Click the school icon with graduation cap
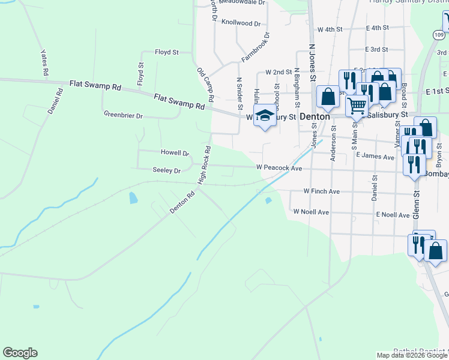pyautogui.click(x=264, y=116)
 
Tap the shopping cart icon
pyautogui.click(x=357, y=106)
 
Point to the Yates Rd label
pyautogui.click(x=44, y=62)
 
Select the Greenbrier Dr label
pyautogui.click(x=123, y=115)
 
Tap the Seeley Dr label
pyautogui.click(x=167, y=171)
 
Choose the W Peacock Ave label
pyautogui.click(x=279, y=169)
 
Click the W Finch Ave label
pyautogui.click(x=322, y=191)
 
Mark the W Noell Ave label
pyautogui.click(x=311, y=212)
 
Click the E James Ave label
pyautogui.click(x=375, y=156)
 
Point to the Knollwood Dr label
pyautogui.click(x=241, y=23)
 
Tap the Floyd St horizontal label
pyautogui.click(x=167, y=52)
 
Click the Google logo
pyautogui.click(x=20, y=353)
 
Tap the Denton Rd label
pyautogui.click(x=182, y=204)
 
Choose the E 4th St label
pyautogui.click(x=377, y=28)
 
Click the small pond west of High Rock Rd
pyautogui.click(x=133, y=197)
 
